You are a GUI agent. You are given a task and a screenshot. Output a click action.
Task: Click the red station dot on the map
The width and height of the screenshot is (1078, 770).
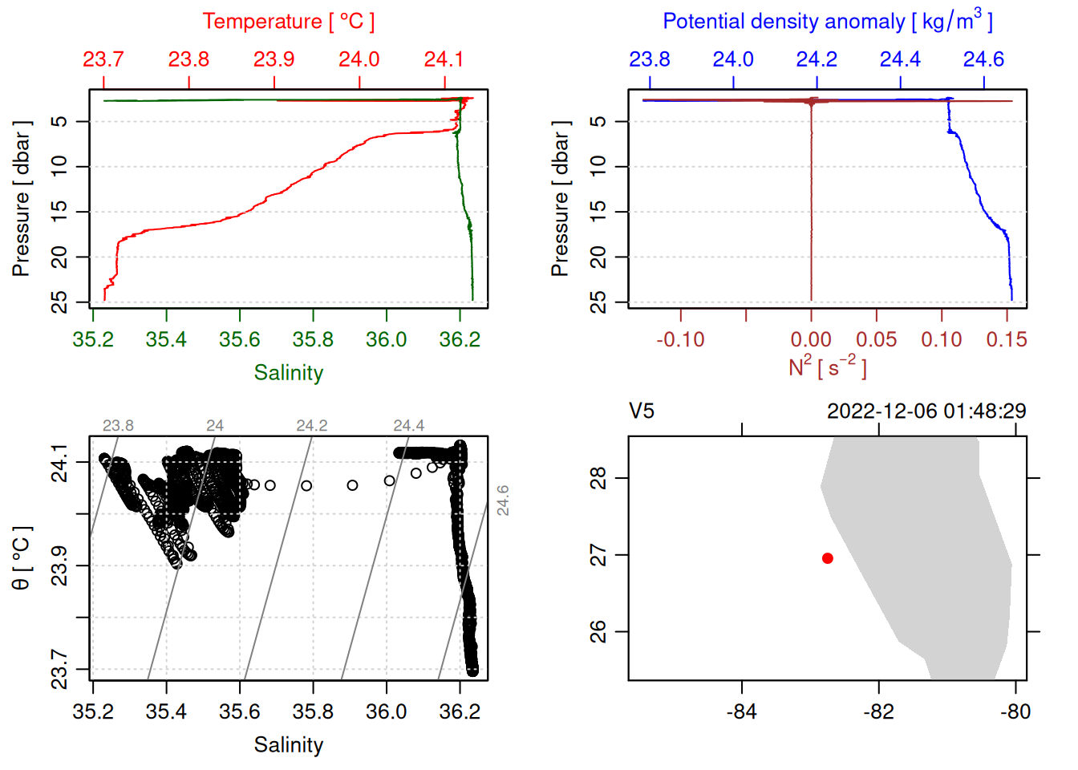pyautogui.click(x=827, y=558)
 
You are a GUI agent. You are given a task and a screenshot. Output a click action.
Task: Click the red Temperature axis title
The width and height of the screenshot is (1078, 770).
pyautogui.click(x=288, y=22)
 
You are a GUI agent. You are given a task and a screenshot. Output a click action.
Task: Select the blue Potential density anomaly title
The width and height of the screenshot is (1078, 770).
pyautogui.click(x=827, y=22)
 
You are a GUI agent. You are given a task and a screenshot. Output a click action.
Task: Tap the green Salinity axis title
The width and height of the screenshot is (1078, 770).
pyautogui.click(x=288, y=373)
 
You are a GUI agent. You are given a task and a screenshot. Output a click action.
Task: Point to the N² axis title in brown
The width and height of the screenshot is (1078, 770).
pyautogui.click(x=827, y=367)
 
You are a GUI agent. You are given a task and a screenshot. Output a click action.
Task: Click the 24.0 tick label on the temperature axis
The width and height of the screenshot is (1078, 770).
pyautogui.click(x=359, y=59)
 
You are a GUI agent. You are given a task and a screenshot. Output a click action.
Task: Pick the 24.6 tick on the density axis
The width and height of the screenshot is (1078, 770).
pyautogui.click(x=983, y=59)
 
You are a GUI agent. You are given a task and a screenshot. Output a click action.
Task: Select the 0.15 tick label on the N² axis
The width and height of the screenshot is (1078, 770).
pyautogui.click(x=1007, y=340)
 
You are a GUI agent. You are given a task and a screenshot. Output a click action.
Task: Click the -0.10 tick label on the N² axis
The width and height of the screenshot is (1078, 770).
pyautogui.click(x=680, y=340)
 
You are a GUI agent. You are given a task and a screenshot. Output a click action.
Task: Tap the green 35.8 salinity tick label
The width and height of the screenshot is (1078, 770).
pyautogui.click(x=313, y=340)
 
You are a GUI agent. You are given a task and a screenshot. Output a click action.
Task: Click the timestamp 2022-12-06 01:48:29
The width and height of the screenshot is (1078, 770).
pyautogui.click(x=926, y=411)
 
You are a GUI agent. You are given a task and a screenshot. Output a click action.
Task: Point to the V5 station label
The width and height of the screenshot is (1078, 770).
pyautogui.click(x=642, y=411)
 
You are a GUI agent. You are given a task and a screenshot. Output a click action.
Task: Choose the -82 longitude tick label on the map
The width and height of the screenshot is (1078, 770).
pyautogui.click(x=878, y=712)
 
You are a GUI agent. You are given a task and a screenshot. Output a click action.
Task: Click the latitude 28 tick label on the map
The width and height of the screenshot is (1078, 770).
pyautogui.click(x=598, y=478)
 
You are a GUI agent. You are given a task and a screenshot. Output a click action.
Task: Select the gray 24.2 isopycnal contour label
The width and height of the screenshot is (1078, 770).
pyautogui.click(x=311, y=426)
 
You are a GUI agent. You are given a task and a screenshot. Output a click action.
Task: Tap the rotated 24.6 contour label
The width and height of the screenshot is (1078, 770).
pyautogui.click(x=503, y=500)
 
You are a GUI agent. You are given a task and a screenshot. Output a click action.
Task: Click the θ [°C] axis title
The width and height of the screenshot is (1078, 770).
pyautogui.click(x=22, y=558)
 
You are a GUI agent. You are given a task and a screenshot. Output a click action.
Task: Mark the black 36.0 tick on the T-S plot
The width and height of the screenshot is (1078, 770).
pyautogui.click(x=387, y=712)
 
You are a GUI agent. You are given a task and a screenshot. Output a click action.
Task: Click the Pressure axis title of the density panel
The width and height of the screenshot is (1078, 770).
pyautogui.click(x=560, y=199)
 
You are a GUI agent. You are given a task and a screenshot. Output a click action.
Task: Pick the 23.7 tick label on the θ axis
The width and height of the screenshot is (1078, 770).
pyautogui.click(x=59, y=669)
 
